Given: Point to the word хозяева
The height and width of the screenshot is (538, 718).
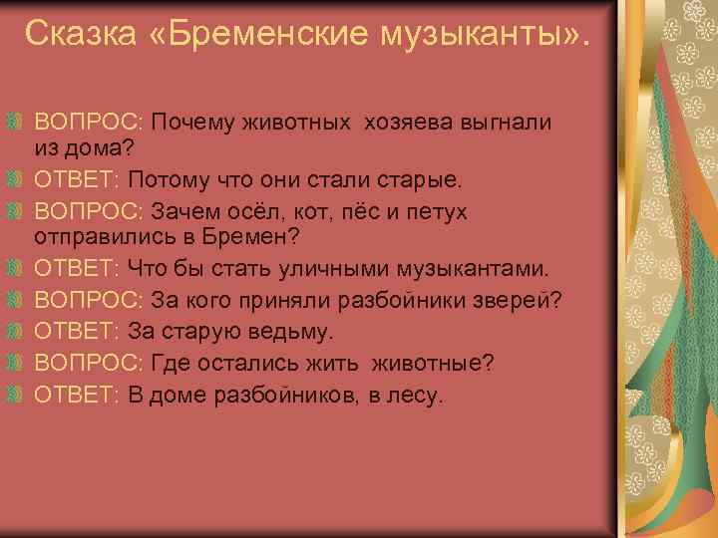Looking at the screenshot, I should click(x=406, y=123).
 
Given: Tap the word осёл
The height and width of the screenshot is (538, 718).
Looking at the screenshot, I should click(x=256, y=212).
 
